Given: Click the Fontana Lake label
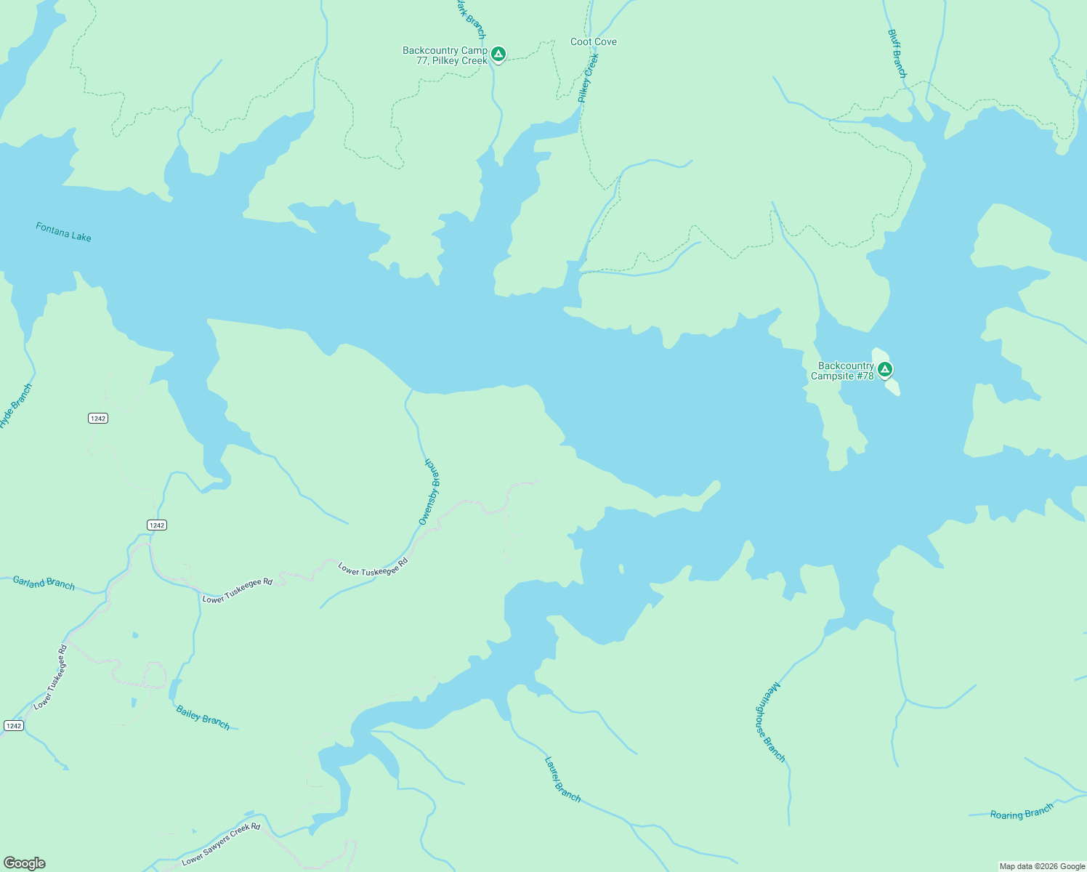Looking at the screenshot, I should (x=64, y=233).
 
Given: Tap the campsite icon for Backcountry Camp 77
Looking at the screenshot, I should (x=498, y=54).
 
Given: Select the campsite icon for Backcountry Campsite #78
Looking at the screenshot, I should (x=884, y=370).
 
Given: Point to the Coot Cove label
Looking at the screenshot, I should (x=594, y=42).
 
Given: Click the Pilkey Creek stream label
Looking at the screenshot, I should (x=588, y=78).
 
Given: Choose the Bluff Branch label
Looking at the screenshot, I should (x=897, y=54).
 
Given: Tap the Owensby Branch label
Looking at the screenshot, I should (x=429, y=492).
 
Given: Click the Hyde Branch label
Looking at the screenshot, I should (x=16, y=406).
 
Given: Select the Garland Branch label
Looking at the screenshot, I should (x=44, y=582).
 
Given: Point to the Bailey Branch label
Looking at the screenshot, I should (x=203, y=717).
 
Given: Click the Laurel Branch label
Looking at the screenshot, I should (x=562, y=780).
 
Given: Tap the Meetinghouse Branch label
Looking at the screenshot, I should (x=769, y=722).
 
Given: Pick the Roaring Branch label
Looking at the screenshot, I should (x=1022, y=812).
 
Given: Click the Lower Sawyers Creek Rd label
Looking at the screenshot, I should (x=221, y=844).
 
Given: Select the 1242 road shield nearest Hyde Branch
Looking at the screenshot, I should (x=98, y=418).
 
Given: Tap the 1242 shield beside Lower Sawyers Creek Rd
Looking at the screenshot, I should (x=13, y=726).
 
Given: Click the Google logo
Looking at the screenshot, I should (x=24, y=863).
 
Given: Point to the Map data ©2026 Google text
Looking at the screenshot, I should (x=1042, y=866).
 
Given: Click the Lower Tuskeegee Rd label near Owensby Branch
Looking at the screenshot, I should (x=373, y=567).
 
